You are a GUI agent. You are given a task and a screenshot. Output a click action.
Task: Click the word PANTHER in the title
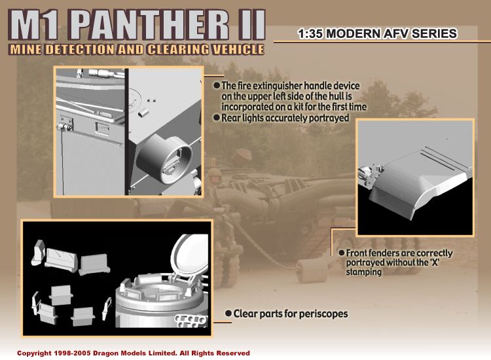click(150, 25)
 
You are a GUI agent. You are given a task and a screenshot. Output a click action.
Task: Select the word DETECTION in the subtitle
click(79, 50)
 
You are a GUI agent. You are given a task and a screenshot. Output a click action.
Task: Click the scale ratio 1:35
click(310, 33)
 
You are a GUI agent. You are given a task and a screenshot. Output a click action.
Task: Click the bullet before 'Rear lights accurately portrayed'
click(217, 118)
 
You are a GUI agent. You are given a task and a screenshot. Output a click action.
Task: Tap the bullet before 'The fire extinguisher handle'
click(217, 86)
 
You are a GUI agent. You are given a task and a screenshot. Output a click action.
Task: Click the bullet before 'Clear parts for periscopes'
click(228, 313)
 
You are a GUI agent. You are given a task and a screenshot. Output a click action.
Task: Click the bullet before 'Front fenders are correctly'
click(342, 253)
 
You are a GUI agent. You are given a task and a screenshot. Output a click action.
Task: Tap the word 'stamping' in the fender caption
click(363, 272)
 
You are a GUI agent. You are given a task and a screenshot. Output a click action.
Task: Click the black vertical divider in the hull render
click(127, 132)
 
